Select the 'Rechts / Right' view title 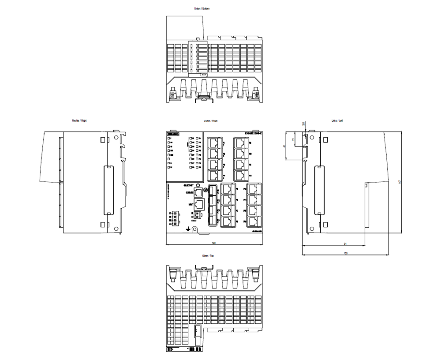[79, 120]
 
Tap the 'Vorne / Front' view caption [210, 120]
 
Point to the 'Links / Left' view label [337, 120]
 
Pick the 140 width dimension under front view [213, 243]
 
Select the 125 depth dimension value [345, 253]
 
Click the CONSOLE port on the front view [198, 192]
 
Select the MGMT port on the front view [199, 204]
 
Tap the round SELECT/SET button [198, 186]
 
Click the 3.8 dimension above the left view [303, 124]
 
